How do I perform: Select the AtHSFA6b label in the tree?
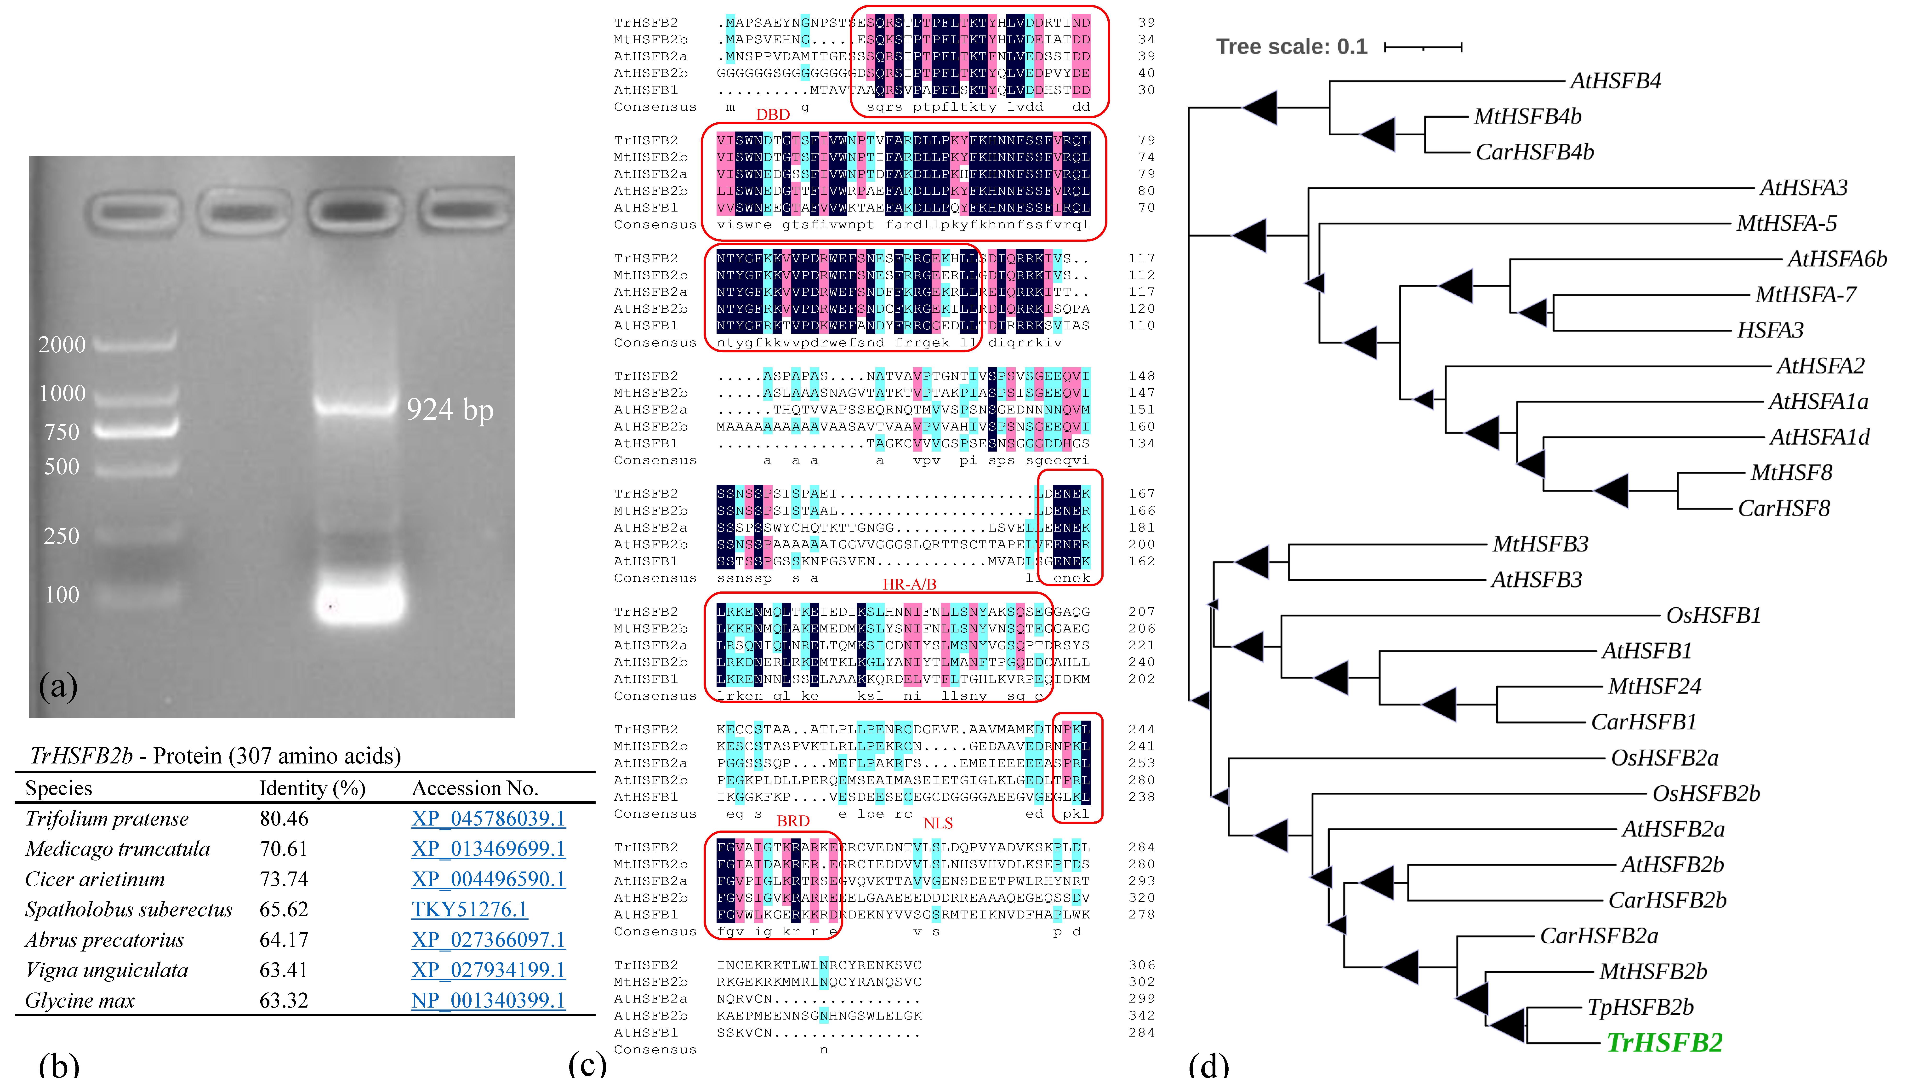click(1837, 259)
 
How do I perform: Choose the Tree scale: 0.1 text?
click(1291, 47)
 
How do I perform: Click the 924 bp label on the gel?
click(450, 410)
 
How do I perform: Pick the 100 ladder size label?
click(63, 595)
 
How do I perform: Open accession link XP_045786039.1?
click(488, 819)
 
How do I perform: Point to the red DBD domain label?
click(773, 115)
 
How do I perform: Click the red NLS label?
click(938, 823)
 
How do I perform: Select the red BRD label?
click(793, 821)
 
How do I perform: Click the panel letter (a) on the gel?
click(58, 685)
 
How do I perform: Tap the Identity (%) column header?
click(312, 788)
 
